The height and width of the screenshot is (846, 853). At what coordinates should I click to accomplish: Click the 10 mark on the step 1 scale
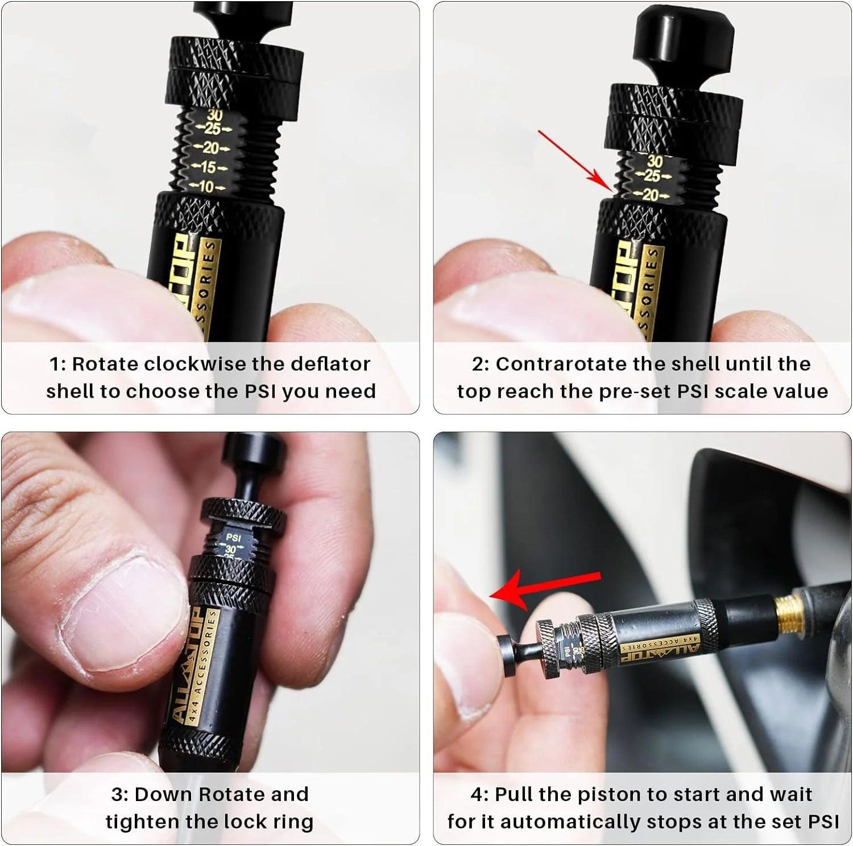pyautogui.click(x=205, y=187)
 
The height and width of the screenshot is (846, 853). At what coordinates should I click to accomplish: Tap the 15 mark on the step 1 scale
pyautogui.click(x=208, y=168)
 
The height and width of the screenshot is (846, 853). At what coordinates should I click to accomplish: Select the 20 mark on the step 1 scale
pyautogui.click(x=211, y=148)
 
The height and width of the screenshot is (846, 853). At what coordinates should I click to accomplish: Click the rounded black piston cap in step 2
pyautogui.click(x=683, y=34)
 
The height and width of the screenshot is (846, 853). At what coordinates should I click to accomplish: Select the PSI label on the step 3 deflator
pyautogui.click(x=233, y=537)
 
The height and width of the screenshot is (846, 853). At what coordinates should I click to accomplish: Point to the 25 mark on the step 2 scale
pyautogui.click(x=652, y=176)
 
